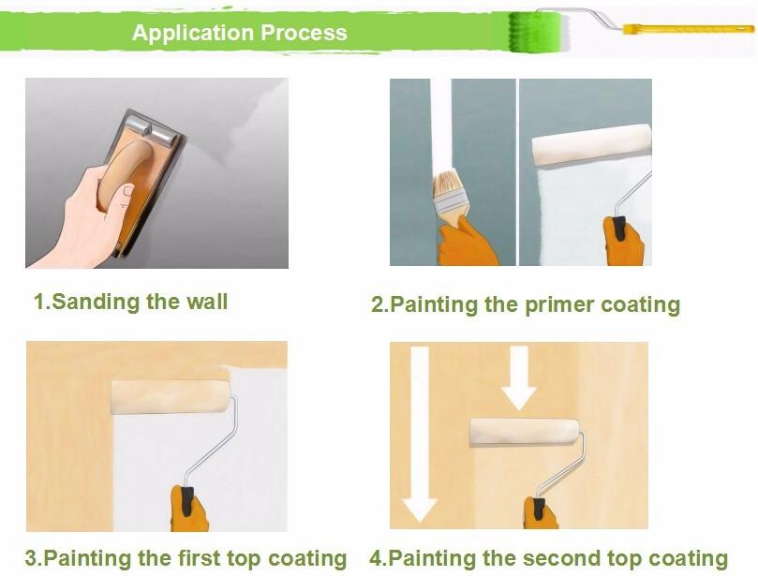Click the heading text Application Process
[239, 33]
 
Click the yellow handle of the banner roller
[688, 29]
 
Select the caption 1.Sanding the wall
[130, 302]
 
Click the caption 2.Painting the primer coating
[526, 305]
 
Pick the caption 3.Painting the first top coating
[186, 558]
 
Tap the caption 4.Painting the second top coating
[549, 558]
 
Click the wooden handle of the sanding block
[125, 175]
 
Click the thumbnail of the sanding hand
[129, 191]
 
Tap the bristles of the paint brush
[445, 185]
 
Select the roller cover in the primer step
[592, 144]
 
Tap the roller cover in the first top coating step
[171, 396]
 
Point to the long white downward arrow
[419, 434]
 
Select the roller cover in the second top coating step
[525, 433]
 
